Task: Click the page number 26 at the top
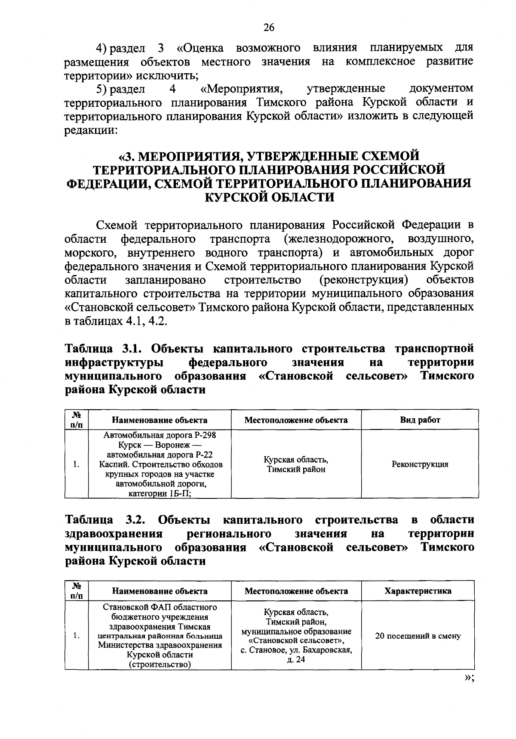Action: click(x=269, y=28)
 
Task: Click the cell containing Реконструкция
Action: click(x=420, y=464)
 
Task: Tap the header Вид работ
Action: click(x=420, y=420)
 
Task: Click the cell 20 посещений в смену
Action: click(x=418, y=636)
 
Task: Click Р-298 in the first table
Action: click(x=206, y=435)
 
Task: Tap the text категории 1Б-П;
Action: click(x=160, y=494)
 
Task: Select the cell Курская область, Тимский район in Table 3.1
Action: click(x=296, y=464)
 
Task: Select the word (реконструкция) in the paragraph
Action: click(x=364, y=280)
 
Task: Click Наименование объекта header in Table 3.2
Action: click(x=160, y=591)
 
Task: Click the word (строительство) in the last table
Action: click(x=160, y=665)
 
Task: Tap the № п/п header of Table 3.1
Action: click(x=77, y=419)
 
